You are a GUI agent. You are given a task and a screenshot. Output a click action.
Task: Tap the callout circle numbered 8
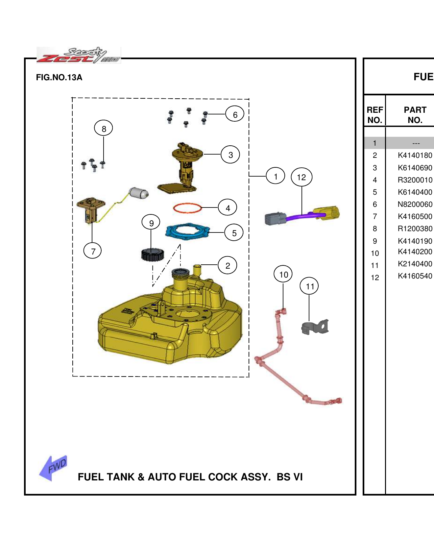pos(104,128)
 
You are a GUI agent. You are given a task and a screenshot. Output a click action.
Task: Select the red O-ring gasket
pos(187,207)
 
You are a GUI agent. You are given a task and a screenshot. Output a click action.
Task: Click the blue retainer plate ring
pos(187,232)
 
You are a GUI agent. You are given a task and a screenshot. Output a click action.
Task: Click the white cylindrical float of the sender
pos(139,193)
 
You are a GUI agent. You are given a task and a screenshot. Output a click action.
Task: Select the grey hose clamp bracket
pos(315,327)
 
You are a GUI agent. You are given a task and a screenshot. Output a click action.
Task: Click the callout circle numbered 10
pos(283,274)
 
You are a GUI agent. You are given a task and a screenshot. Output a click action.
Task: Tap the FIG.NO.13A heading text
pos(59,78)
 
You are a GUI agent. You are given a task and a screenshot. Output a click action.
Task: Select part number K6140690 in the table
pos(415,168)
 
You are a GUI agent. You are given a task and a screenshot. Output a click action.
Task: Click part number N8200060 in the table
pos(415,204)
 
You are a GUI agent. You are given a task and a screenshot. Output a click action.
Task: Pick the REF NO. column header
pos(375,115)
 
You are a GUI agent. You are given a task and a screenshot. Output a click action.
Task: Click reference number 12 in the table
pos(375,278)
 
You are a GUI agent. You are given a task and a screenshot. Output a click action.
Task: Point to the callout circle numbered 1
pos(276,176)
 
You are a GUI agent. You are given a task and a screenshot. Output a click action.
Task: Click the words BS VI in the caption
pos(289,477)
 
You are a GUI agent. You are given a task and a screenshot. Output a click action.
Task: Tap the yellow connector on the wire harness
pos(326,213)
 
